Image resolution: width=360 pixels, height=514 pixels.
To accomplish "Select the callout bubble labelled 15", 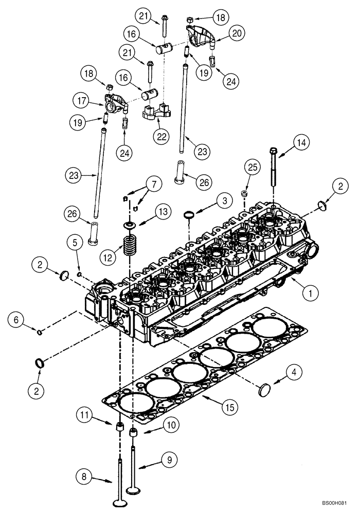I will pyautogui.click(x=230, y=408).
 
